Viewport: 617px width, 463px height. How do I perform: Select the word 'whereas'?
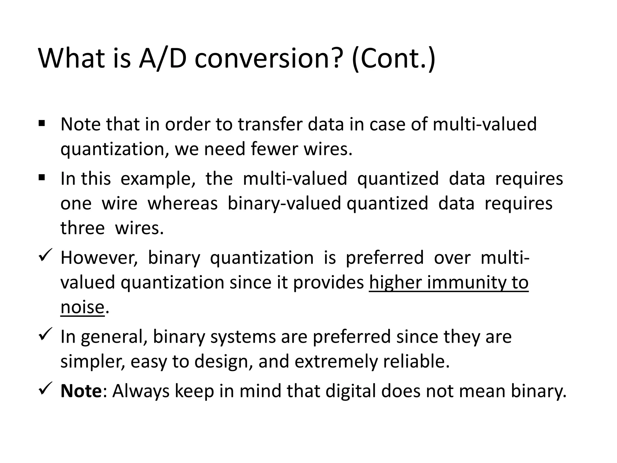tap(182, 203)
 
